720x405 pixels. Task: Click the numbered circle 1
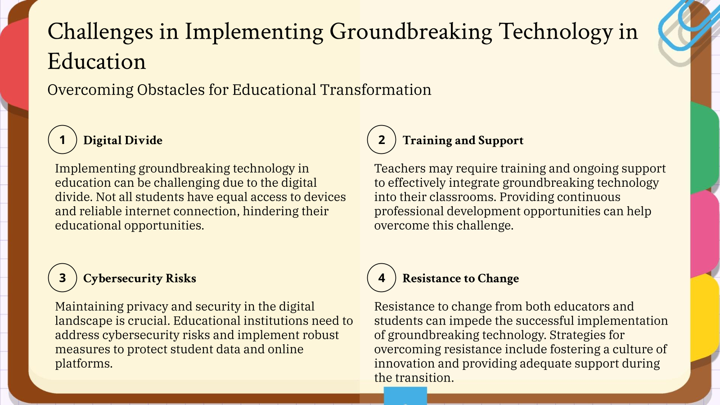point(63,139)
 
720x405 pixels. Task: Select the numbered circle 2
point(382,139)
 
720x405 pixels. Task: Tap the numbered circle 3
point(63,278)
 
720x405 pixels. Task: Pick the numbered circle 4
point(382,278)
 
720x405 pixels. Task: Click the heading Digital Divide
point(123,140)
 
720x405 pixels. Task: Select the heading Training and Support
point(463,140)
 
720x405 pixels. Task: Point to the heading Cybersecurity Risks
point(139,279)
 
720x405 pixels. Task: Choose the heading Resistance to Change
point(460,279)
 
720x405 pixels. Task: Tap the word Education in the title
point(97,62)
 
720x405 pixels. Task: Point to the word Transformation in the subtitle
point(376,90)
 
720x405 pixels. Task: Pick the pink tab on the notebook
point(704,232)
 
